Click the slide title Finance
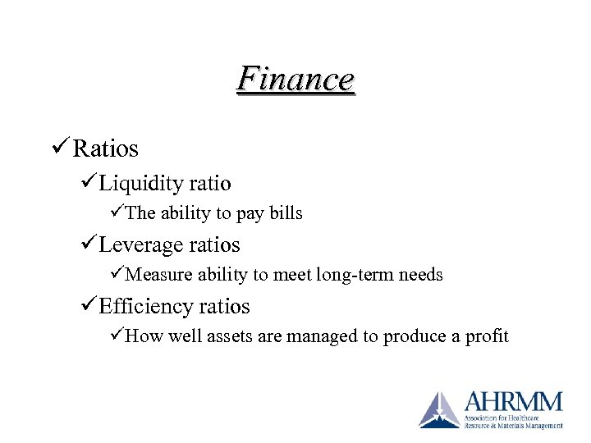pos(295,80)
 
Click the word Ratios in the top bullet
pos(105,148)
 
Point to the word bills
pos(284,213)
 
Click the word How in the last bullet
pos(143,336)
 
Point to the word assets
pos(222,336)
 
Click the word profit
pos(489,336)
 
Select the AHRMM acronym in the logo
pos(514,402)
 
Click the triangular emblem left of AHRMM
pos(439,410)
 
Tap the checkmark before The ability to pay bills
pos(116,212)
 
